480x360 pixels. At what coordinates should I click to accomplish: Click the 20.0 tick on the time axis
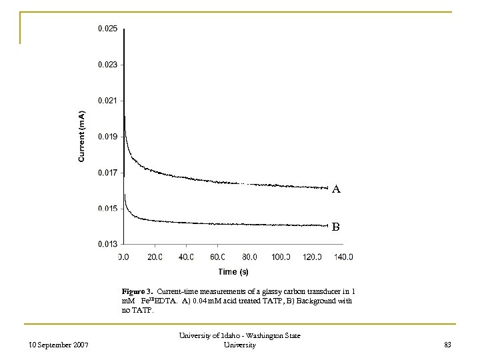[x=155, y=257]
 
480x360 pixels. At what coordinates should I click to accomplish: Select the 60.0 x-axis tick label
[x=218, y=257]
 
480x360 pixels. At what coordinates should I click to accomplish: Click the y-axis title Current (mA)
[x=81, y=137]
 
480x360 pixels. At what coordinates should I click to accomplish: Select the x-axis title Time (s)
[x=233, y=272]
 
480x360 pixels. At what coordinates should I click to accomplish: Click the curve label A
[x=336, y=189]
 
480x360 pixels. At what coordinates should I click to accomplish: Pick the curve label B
[x=336, y=227]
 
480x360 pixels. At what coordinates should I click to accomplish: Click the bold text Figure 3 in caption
[x=137, y=291]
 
